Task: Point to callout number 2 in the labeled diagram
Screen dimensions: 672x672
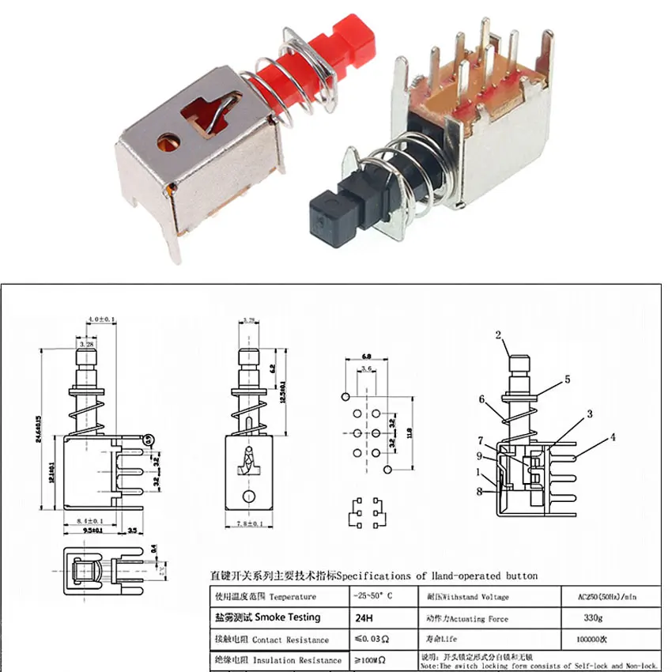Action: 499,334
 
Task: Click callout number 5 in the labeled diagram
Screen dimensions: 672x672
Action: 567,379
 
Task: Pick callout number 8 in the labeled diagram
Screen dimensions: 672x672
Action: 480,491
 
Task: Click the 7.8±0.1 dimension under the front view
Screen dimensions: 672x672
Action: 250,523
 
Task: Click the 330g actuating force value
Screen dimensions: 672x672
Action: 599,619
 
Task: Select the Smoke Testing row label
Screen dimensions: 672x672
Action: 265,617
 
